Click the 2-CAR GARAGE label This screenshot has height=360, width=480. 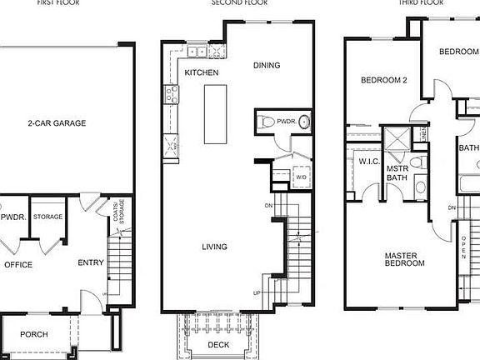[x=57, y=123]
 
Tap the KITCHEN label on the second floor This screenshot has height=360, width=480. [x=202, y=73]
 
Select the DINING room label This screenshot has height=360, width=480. [x=267, y=66]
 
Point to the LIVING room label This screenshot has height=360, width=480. [x=216, y=246]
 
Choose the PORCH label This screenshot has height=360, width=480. [x=34, y=334]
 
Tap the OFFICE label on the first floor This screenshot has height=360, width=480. [x=18, y=264]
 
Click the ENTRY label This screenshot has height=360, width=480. [x=91, y=263]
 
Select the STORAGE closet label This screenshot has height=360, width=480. [x=48, y=217]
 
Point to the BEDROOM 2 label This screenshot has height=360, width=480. [x=383, y=81]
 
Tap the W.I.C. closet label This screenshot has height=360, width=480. [x=369, y=161]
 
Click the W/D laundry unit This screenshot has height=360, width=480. [x=301, y=177]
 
